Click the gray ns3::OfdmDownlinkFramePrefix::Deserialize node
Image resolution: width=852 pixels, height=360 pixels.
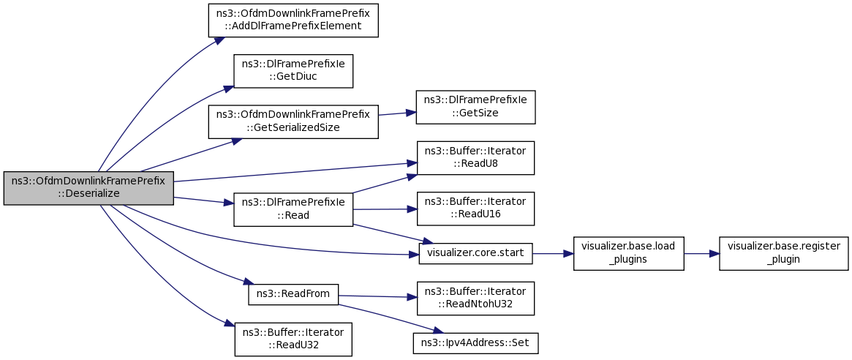click(88, 188)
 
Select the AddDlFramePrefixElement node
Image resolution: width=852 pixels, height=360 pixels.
click(293, 20)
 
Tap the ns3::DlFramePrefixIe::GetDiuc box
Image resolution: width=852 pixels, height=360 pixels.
click(293, 71)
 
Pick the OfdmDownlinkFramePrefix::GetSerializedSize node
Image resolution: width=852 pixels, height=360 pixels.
click(293, 121)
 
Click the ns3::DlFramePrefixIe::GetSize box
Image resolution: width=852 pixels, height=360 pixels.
click(475, 107)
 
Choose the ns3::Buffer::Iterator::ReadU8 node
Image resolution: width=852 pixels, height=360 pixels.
click(475, 158)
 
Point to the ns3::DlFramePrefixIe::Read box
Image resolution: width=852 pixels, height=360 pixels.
click(293, 209)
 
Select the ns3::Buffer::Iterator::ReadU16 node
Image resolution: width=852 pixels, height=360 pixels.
click(475, 209)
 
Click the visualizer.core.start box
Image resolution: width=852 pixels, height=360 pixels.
click(475, 253)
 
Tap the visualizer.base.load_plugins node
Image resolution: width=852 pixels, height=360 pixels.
click(629, 253)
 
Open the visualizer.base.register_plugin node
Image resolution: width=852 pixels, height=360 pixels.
click(783, 253)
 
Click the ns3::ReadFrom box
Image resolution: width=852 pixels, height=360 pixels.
click(293, 294)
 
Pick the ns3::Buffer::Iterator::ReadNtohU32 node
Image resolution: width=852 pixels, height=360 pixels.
click(475, 298)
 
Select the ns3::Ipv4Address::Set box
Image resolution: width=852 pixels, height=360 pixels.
click(475, 343)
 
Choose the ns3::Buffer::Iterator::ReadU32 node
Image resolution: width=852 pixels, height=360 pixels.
click(293, 340)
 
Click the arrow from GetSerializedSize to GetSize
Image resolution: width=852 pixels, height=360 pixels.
click(397, 113)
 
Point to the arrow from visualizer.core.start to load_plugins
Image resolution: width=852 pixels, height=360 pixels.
click(553, 253)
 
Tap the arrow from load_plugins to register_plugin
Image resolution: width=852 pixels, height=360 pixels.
click(701, 253)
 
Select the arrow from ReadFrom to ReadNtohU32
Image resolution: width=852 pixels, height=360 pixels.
click(377, 296)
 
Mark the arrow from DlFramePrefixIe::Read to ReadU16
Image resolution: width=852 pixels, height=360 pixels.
click(385, 209)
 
